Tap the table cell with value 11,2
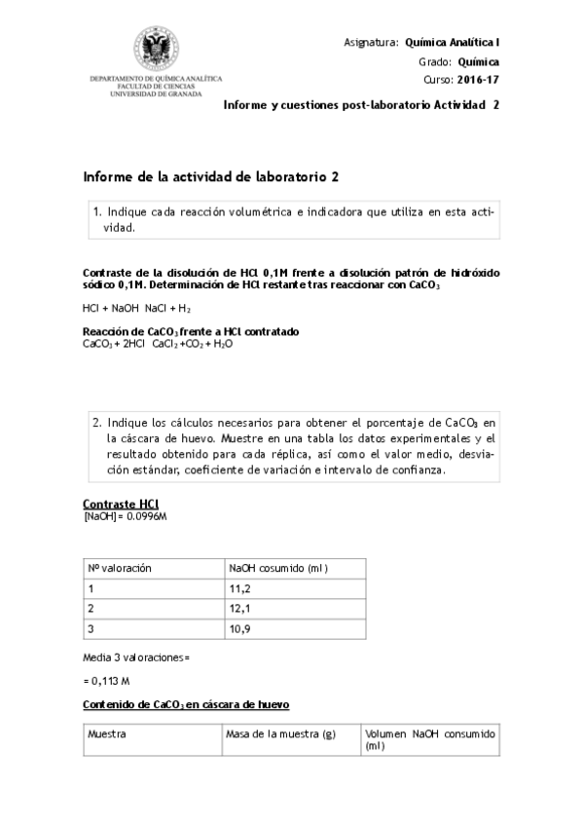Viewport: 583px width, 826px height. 238,588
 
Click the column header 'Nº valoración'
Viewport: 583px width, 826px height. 120,568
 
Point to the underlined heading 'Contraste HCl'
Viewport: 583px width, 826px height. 122,503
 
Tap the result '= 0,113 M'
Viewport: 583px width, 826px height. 108,681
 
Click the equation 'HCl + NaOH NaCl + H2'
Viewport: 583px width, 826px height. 136,309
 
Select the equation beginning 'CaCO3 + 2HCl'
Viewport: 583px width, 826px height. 144,344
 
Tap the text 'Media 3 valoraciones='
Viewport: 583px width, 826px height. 135,657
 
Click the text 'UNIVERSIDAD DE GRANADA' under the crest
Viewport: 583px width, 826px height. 157,94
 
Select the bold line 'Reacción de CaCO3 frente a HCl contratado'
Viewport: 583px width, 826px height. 191,332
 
